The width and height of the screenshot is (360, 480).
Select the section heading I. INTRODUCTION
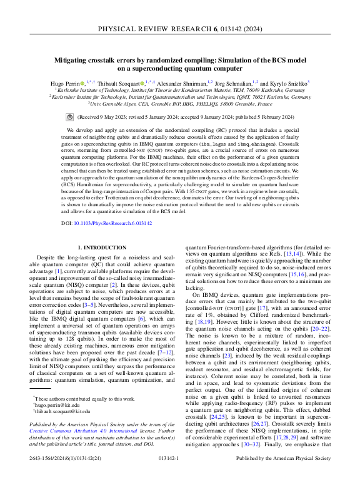click(x=103, y=248)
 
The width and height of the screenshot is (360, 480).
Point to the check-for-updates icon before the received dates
click(x=69, y=117)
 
